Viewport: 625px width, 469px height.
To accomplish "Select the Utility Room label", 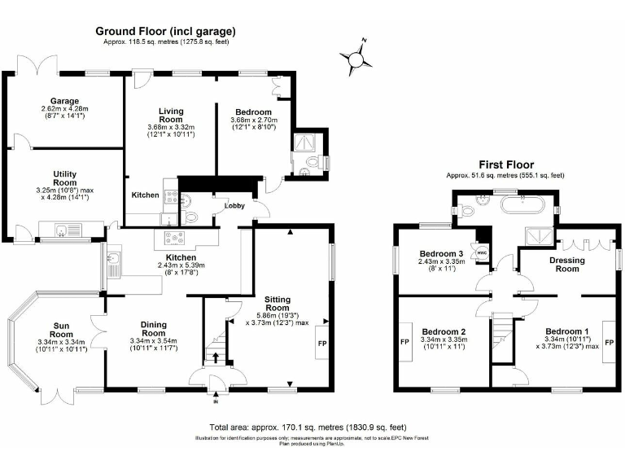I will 63,178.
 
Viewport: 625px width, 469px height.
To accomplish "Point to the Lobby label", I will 235,206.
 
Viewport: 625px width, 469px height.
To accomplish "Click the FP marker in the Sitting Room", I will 321,343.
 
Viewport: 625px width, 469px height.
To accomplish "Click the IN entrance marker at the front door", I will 216,401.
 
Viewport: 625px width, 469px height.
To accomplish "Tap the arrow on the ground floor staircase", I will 216,357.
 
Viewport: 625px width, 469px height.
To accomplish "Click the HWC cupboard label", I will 482,252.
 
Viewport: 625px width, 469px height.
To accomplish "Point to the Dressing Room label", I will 568,264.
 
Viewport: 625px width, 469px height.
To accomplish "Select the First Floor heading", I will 504,163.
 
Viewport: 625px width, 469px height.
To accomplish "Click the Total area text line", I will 308,427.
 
